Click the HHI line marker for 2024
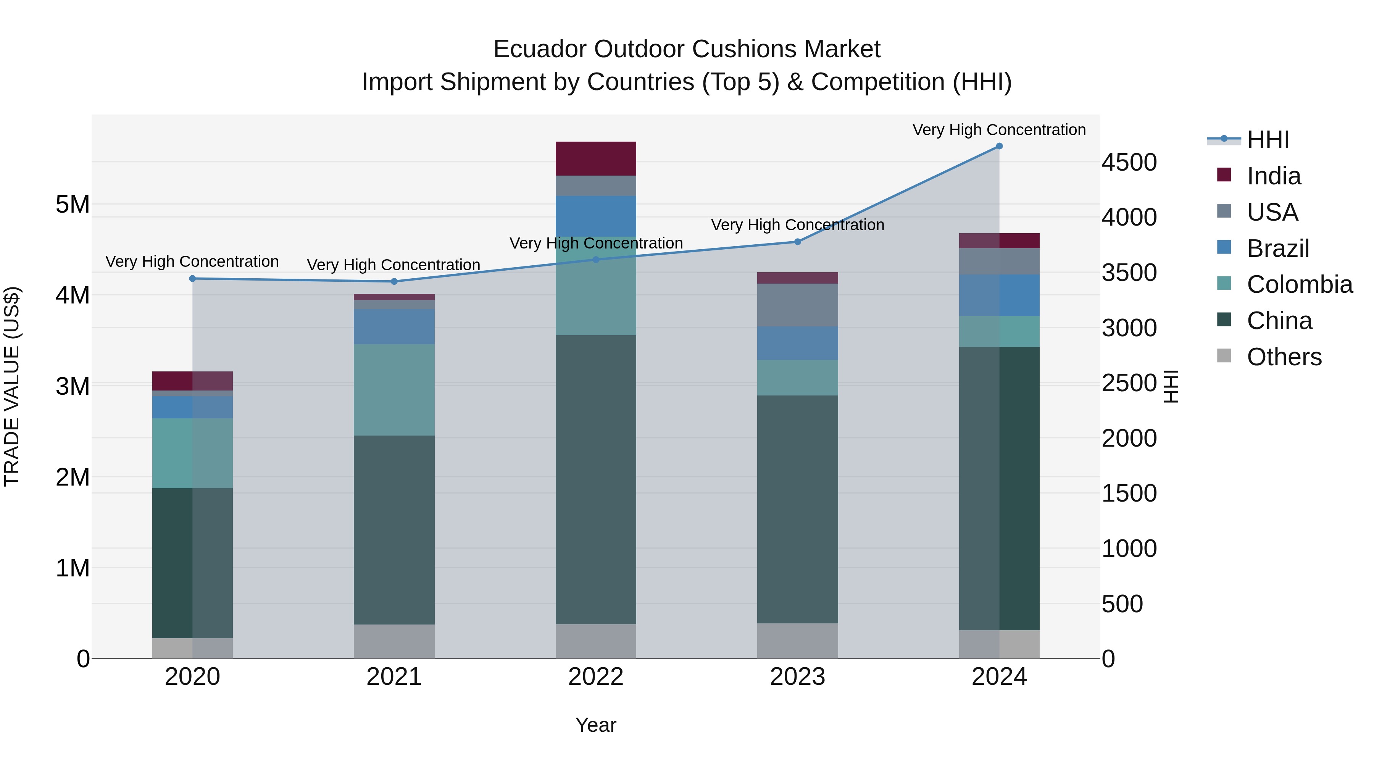click(999, 146)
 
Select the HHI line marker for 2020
click(193, 279)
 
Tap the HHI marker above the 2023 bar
click(797, 242)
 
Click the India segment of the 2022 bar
click(596, 158)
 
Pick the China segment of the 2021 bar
click(394, 530)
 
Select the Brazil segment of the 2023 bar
click(797, 343)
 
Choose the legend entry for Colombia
click(1299, 284)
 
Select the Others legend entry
click(1284, 357)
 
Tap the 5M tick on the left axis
click(73, 204)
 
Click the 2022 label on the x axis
click(596, 677)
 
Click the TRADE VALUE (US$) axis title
click(12, 386)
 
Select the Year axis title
click(596, 725)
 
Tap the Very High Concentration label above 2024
click(999, 130)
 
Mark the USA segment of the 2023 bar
click(797, 305)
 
